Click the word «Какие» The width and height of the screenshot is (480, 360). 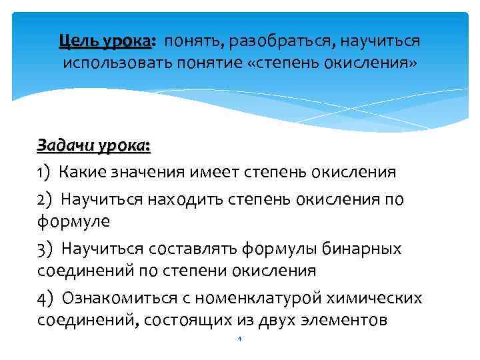(82, 173)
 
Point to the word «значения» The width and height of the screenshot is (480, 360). (147, 173)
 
